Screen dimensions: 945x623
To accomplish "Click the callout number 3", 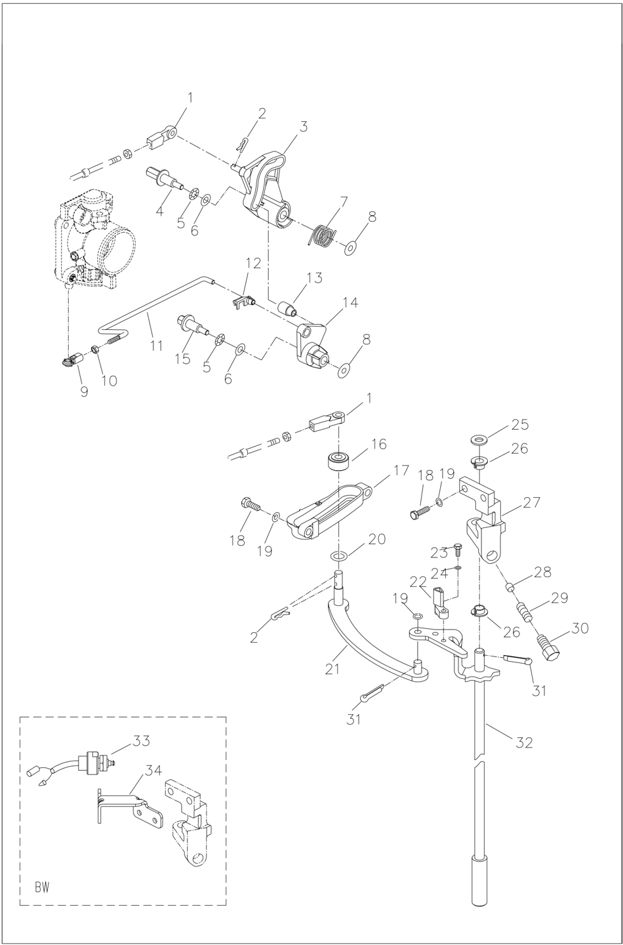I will (x=303, y=127).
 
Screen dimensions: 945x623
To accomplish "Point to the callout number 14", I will (x=350, y=302).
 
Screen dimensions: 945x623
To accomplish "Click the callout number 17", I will (x=401, y=470).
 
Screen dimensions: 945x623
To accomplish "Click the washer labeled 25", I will (x=478, y=437).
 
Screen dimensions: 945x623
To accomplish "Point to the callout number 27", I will (x=532, y=502).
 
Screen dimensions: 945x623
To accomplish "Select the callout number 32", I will (x=524, y=742).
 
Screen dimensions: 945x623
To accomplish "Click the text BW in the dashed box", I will (x=42, y=887).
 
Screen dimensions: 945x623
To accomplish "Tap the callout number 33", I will (x=142, y=741).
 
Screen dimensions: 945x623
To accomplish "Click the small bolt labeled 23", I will (x=458, y=549).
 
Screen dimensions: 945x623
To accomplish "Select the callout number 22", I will (x=418, y=582).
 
